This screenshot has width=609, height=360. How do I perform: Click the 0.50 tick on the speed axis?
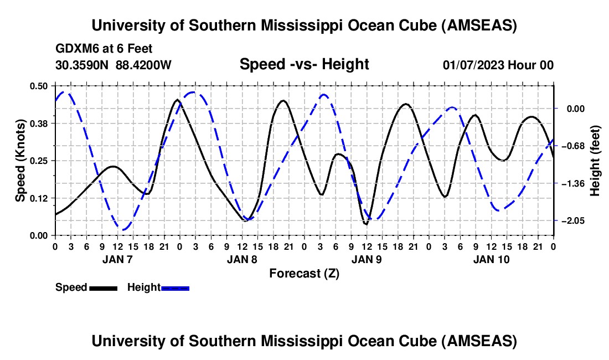pos(38,86)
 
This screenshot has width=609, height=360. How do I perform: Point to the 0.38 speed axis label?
pos(38,124)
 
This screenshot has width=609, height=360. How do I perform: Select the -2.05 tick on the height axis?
pos(573,220)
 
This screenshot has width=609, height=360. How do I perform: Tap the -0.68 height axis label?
pos(573,146)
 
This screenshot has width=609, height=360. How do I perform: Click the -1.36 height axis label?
pos(573,183)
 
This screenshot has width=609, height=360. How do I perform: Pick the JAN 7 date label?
pos(117,259)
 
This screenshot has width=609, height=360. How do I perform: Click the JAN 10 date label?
pos(491,259)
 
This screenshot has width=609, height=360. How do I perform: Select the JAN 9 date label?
pos(367,259)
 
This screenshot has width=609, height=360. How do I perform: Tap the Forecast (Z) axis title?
pos(304,274)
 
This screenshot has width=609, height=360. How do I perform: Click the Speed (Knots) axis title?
pos(20,161)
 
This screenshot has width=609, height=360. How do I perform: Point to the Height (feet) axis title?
pos(595,161)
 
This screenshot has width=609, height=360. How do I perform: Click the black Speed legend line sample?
pos(104,288)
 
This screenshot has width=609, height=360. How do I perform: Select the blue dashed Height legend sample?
pos(175,288)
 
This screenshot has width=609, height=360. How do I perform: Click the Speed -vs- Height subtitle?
pos(304,64)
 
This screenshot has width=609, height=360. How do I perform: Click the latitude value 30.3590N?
pos(82,65)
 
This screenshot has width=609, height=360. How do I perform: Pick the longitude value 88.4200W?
pos(143,65)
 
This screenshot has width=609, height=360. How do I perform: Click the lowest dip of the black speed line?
pos(365,224)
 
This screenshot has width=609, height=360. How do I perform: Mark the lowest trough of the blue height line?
pos(123,230)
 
